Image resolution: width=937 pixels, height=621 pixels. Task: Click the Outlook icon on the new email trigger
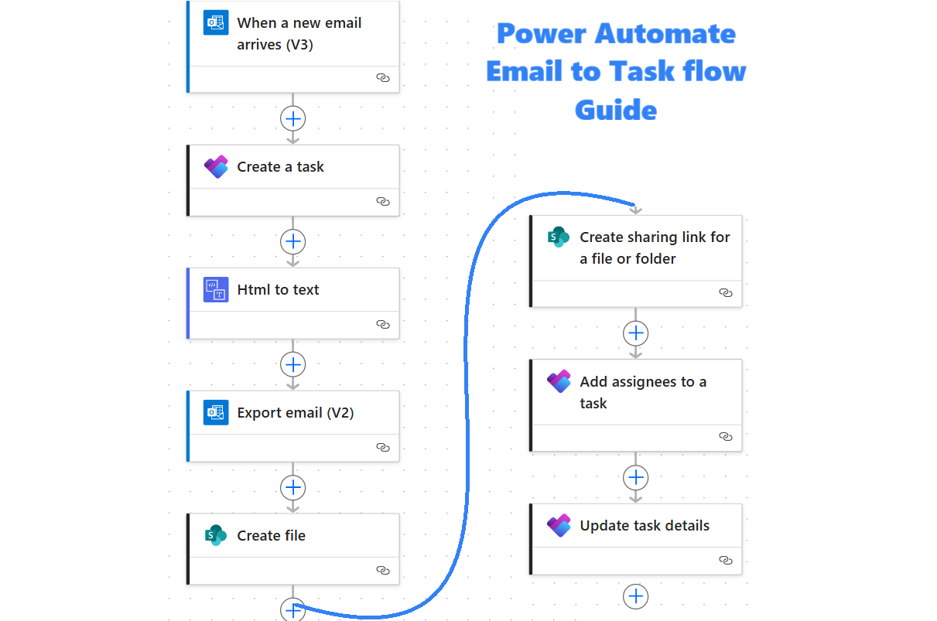tap(216, 23)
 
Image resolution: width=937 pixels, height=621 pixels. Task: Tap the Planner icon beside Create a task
tap(216, 167)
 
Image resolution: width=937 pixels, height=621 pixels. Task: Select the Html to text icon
tap(216, 290)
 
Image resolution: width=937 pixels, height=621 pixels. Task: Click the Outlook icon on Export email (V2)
tap(216, 413)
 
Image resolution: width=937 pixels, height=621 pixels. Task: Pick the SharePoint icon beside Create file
tap(216, 535)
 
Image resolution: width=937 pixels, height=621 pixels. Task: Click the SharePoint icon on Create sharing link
tap(559, 237)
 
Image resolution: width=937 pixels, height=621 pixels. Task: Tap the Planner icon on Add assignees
tap(559, 381)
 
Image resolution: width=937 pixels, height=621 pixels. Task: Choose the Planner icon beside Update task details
tap(559, 526)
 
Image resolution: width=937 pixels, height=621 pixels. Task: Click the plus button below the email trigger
tap(293, 118)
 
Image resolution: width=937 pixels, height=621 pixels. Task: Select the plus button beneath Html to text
tap(293, 364)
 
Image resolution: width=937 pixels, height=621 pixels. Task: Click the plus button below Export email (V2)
tap(293, 487)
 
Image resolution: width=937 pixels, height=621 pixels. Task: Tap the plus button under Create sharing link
tap(636, 333)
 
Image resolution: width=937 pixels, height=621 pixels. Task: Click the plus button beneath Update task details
tap(636, 596)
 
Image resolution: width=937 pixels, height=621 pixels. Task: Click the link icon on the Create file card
tap(382, 570)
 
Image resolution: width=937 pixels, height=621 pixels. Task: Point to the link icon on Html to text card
tap(382, 324)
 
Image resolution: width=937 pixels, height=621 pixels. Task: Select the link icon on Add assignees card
tap(725, 437)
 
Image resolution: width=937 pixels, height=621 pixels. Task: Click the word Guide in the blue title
tap(616, 109)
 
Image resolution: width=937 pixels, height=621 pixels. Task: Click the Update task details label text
tap(645, 526)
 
